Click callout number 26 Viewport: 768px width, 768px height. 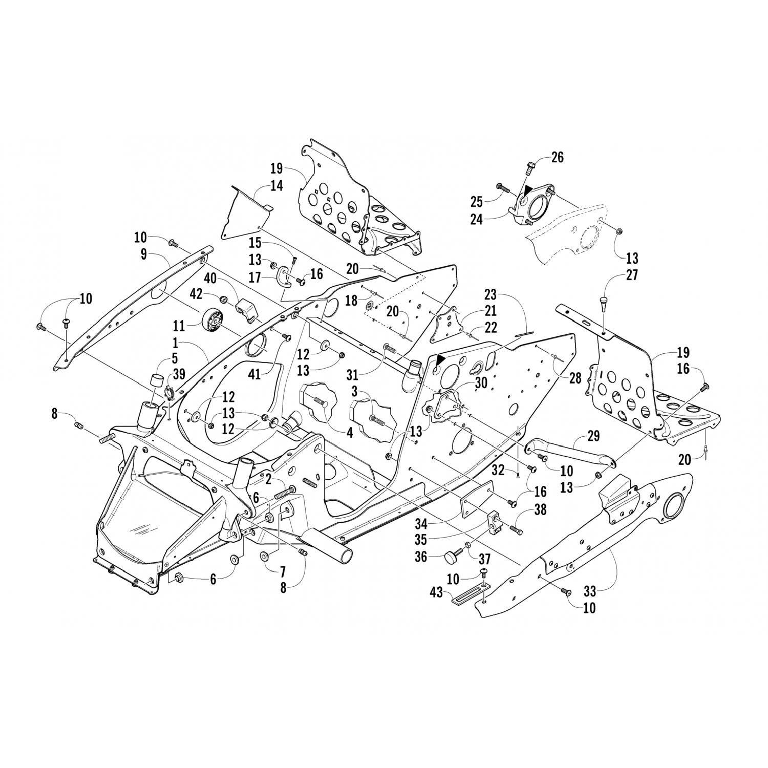click(x=557, y=157)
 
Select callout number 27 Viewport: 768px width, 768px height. click(x=632, y=275)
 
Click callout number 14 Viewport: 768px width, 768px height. click(x=276, y=186)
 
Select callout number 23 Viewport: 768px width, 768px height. click(x=490, y=295)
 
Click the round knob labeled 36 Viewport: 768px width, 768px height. click(x=451, y=554)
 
